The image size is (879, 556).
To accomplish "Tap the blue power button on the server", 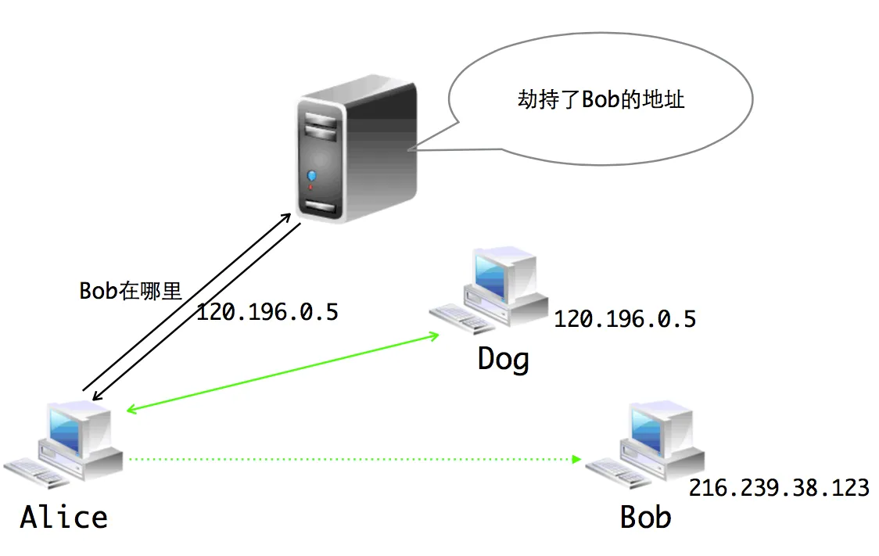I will pos(314,175).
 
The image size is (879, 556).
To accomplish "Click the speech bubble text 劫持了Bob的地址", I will pos(601,100).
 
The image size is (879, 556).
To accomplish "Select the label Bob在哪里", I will pos(131,291).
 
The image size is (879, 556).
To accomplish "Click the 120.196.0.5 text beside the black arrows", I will pos(267,313).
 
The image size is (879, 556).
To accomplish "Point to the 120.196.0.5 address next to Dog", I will pos(625,319).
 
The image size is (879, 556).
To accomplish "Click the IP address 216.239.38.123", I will pos(778,488).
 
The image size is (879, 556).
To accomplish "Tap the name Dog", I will pos(504,360).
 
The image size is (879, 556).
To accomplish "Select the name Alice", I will pos(64,517).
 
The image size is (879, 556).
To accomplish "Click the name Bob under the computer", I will pos(645,517).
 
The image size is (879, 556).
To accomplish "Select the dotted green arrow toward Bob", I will pos(352,459).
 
